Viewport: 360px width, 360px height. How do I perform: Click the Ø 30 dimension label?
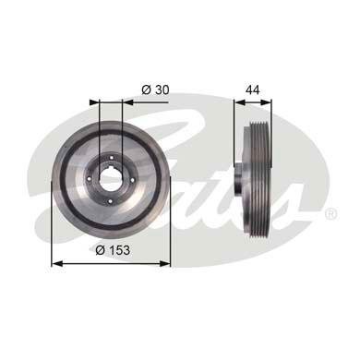(155, 90)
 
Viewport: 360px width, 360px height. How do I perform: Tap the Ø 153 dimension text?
(113, 250)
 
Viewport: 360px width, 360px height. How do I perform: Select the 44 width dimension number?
(253, 90)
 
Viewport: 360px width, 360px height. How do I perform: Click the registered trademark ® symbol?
(330, 213)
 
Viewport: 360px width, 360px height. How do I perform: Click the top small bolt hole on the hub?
(111, 158)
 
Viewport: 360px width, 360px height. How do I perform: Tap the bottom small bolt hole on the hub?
(111, 201)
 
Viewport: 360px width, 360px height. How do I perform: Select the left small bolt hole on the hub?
(89, 179)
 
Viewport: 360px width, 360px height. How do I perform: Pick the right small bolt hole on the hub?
(133, 180)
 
